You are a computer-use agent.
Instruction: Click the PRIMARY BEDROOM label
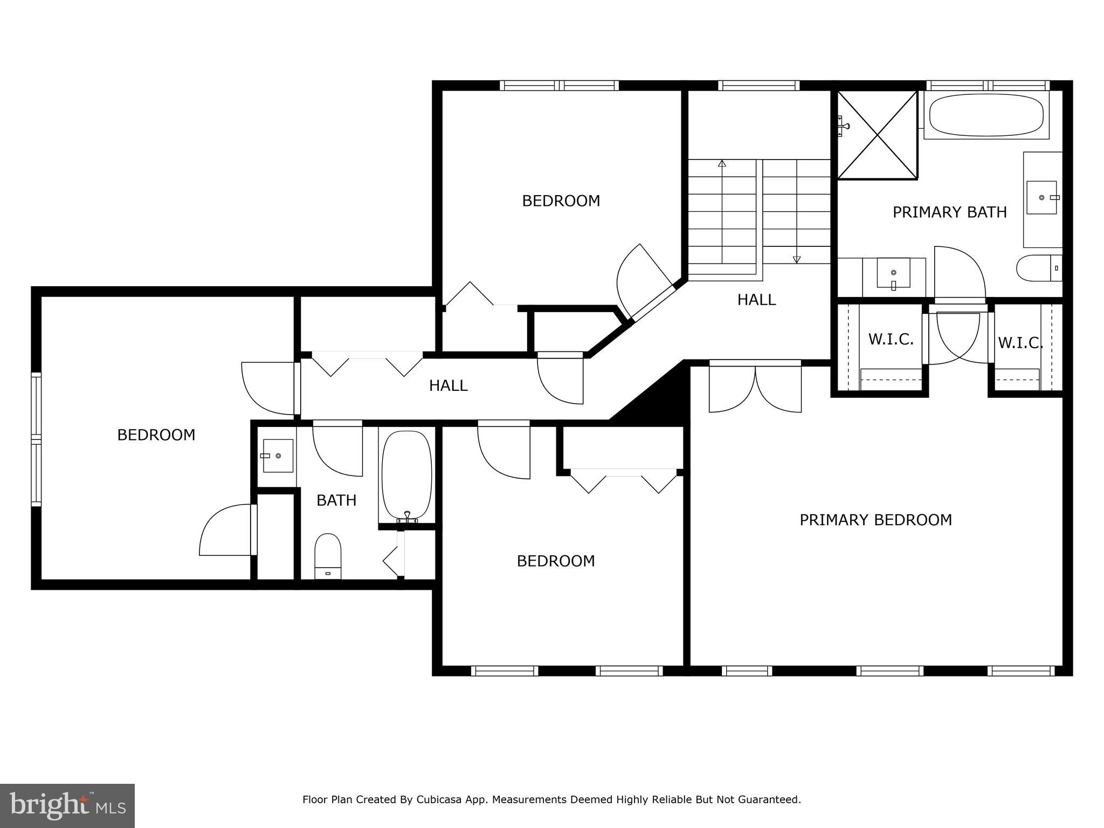[x=875, y=520]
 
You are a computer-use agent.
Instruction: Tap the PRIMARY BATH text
[x=949, y=212]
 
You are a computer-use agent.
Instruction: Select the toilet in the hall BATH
[x=328, y=555]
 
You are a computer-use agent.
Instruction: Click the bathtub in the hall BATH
[x=407, y=474]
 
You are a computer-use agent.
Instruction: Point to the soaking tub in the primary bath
[x=986, y=115]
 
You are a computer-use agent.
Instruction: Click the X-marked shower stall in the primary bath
[x=877, y=135]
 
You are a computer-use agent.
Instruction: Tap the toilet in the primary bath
[x=1038, y=268]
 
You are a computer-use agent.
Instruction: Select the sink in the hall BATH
[x=277, y=456]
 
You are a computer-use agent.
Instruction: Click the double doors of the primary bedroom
[x=755, y=387]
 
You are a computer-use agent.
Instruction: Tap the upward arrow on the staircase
[x=722, y=163]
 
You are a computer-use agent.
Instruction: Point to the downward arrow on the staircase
[x=797, y=259]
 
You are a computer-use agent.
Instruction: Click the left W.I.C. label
[x=891, y=340]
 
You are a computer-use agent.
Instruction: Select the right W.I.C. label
[x=1020, y=343]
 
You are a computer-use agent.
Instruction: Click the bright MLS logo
[x=67, y=806]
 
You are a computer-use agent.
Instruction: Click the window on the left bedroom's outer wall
[x=36, y=439]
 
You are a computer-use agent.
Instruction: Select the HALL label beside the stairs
[x=756, y=300]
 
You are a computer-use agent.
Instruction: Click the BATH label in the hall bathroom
[x=336, y=500]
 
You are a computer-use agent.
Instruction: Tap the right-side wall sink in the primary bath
[x=1042, y=198]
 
